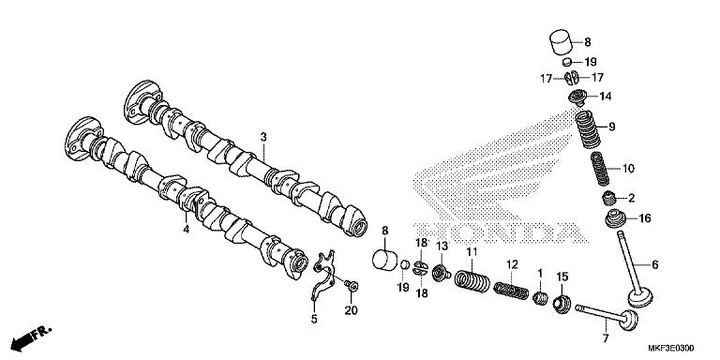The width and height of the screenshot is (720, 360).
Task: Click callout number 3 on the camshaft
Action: [x=264, y=137]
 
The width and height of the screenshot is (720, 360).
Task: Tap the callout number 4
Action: [x=185, y=229]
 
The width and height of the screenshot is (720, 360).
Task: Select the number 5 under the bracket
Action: [x=315, y=319]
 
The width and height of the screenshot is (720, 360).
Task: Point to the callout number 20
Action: [x=352, y=311]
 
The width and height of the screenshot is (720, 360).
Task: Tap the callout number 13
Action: [x=442, y=246]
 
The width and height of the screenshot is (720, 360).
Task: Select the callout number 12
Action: [x=512, y=264]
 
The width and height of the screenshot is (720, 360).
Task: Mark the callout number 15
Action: [x=562, y=277]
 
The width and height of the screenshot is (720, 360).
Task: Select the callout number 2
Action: [x=631, y=198]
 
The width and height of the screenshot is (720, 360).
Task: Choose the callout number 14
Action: [x=605, y=97]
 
